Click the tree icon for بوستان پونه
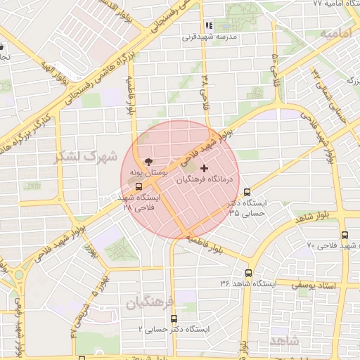(x=147, y=161)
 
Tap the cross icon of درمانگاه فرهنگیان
(x=205, y=168)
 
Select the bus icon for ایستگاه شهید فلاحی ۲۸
(x=138, y=187)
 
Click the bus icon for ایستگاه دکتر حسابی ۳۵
(x=247, y=192)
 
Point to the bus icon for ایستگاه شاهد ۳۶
(x=248, y=273)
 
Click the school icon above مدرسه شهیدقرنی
(x=209, y=25)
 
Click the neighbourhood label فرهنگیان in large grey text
(x=149, y=304)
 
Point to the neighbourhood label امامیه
(x=335, y=33)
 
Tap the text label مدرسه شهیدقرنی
(x=217, y=36)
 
